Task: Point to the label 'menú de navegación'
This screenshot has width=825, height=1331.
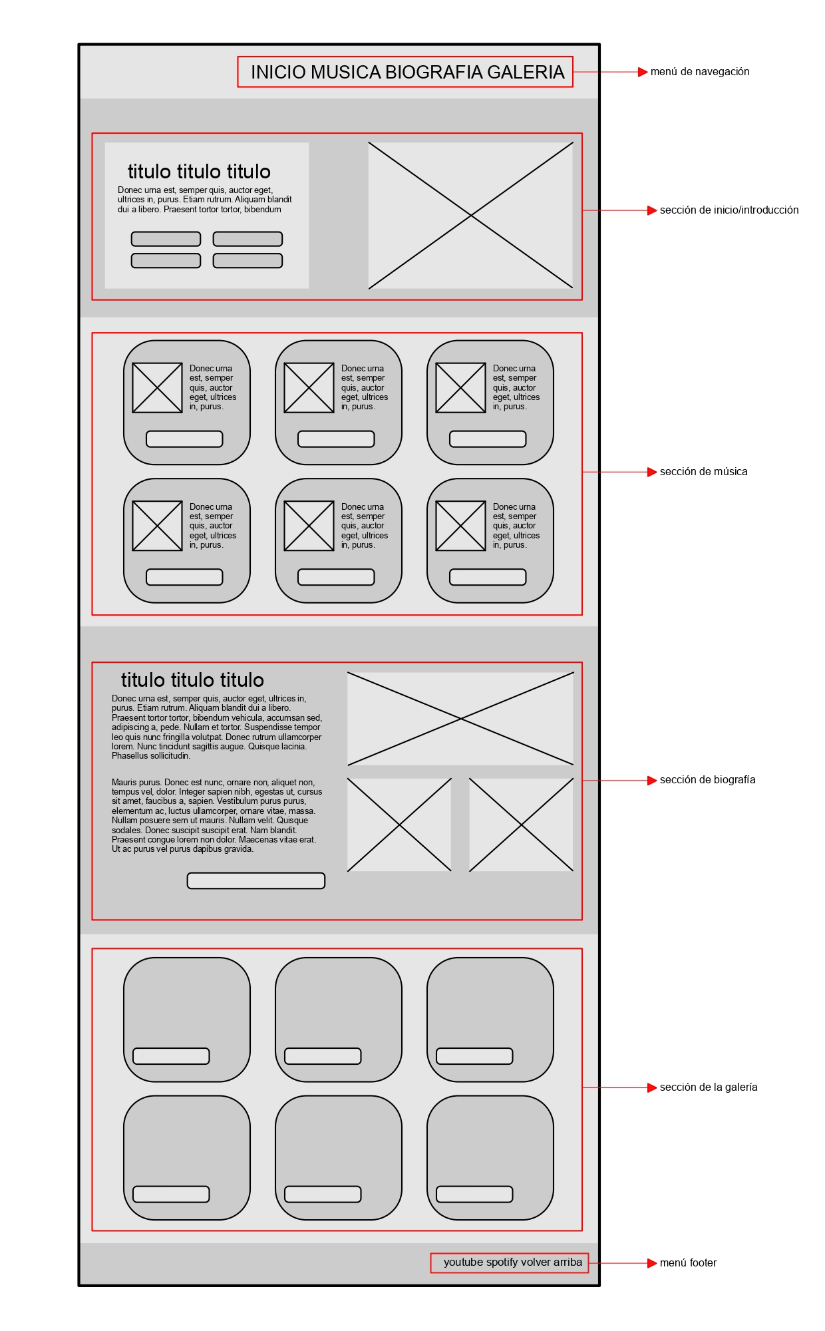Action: point(700,72)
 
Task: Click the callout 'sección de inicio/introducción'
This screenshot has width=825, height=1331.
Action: point(729,210)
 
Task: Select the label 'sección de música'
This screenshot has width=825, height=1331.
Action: point(703,472)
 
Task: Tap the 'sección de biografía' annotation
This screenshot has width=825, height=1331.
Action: point(707,780)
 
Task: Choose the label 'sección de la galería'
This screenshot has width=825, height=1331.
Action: point(709,1087)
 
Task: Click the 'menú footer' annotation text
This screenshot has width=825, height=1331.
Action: point(688,1263)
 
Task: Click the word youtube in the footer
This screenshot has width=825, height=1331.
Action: point(463,1262)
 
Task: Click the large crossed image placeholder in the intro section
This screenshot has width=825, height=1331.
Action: point(470,215)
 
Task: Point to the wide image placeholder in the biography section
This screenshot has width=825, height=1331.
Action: point(460,719)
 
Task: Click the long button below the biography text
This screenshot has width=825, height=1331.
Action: point(256,880)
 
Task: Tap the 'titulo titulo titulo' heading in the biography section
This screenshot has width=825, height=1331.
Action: point(192,680)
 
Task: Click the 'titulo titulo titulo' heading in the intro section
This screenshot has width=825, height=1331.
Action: point(199,172)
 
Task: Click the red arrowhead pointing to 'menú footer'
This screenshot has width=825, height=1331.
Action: point(652,1263)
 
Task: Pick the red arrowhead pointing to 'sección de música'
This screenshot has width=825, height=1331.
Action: point(652,472)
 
